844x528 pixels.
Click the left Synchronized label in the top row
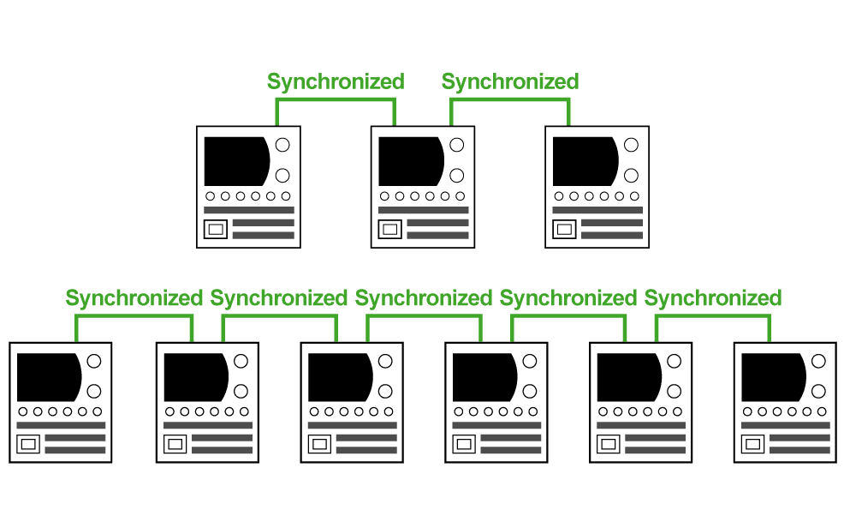pyautogui.click(x=336, y=82)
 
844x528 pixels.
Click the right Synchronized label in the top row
pyautogui.click(x=510, y=82)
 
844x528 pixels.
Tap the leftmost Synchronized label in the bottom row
pyautogui.click(x=134, y=298)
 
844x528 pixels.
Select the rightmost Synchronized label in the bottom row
pyautogui.click(x=713, y=298)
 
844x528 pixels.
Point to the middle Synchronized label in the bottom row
pyautogui.click(x=424, y=298)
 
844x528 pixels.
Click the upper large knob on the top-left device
pyautogui.click(x=282, y=145)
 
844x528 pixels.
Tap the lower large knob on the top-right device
pyautogui.click(x=631, y=176)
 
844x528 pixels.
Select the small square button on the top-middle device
pyautogui.click(x=390, y=229)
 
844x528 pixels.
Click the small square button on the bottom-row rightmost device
pyautogui.click(x=752, y=444)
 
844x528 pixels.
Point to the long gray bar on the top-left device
pyautogui.click(x=249, y=210)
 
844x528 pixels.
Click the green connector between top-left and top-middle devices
pyautogui.click(x=336, y=100)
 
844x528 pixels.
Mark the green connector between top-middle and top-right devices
pyautogui.click(x=510, y=100)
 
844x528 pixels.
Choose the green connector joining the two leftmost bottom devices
pyautogui.click(x=134, y=316)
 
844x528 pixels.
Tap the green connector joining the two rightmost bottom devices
pyautogui.click(x=713, y=316)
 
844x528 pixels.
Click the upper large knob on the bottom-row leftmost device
pyautogui.click(x=94, y=361)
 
